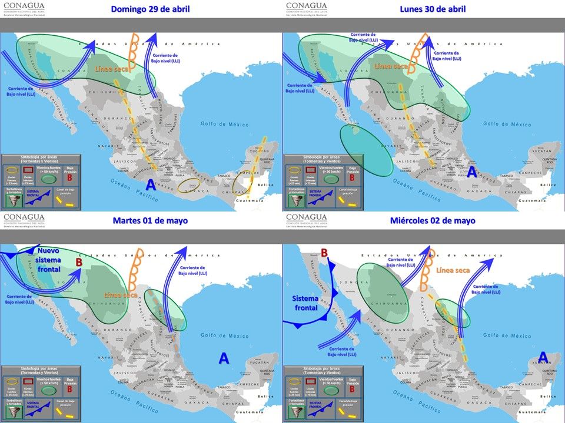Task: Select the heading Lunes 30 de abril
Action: [x=433, y=9]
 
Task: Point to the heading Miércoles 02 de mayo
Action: [x=433, y=220]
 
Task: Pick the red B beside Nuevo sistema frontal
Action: [x=79, y=262]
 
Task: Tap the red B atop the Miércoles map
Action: [x=324, y=253]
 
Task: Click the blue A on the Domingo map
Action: [x=151, y=184]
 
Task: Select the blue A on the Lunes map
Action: [x=472, y=172]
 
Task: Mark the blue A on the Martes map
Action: [x=224, y=358]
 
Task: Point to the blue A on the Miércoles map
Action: [x=543, y=357]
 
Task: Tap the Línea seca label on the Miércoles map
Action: [x=453, y=270]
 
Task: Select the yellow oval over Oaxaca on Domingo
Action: [x=192, y=186]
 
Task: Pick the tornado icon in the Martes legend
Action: [x=13, y=411]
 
